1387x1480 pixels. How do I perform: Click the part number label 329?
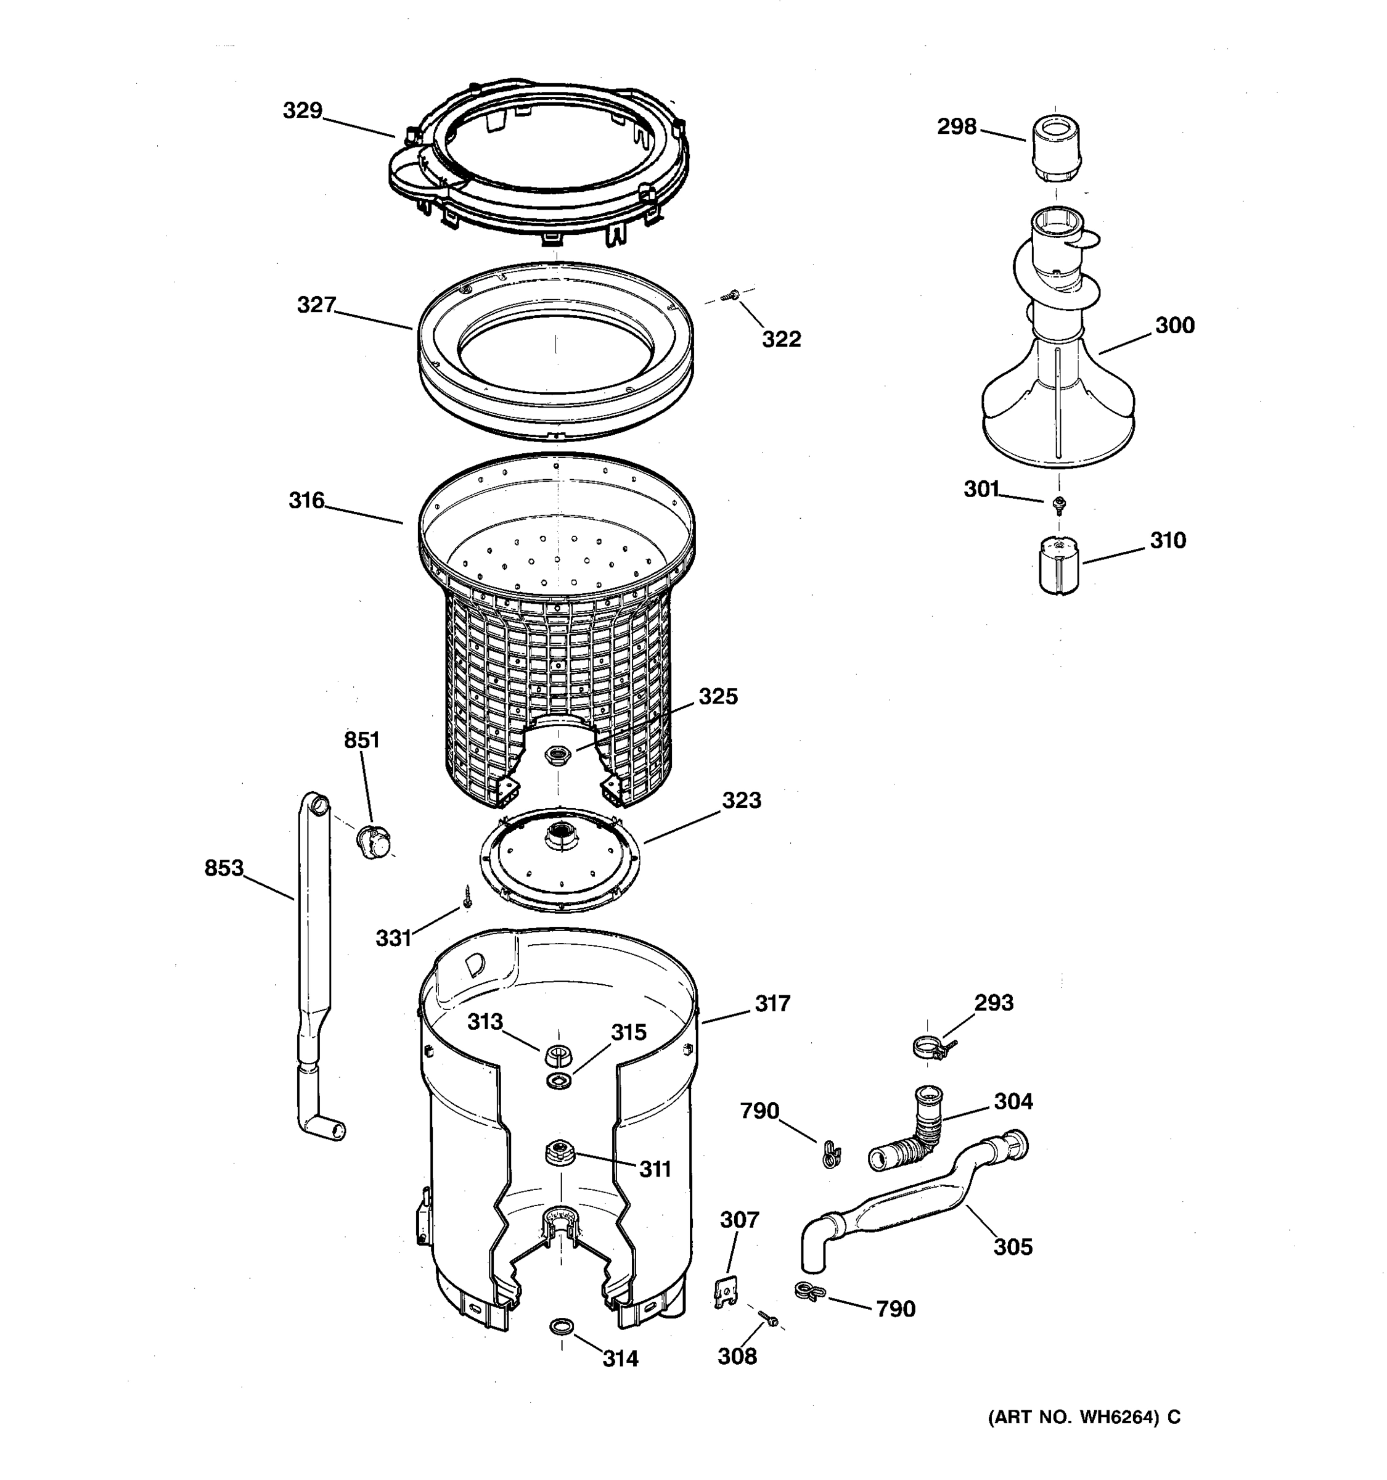tap(302, 111)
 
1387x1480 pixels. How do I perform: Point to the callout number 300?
tap(1174, 326)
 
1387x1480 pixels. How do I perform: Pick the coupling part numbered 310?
tap(1059, 567)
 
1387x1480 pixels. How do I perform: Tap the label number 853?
tap(224, 868)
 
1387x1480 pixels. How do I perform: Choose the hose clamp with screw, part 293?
tap(930, 1048)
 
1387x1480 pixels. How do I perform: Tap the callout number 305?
tap(1013, 1247)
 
